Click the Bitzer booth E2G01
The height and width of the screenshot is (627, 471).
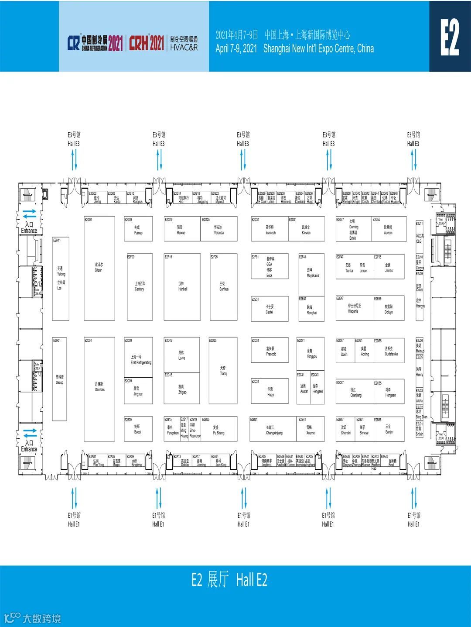tap(99, 268)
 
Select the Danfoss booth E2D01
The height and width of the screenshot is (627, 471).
tap(99, 387)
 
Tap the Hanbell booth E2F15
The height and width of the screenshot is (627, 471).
tap(182, 286)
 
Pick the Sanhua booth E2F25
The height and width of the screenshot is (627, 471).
tap(224, 286)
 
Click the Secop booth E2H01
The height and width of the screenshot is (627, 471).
tap(59, 379)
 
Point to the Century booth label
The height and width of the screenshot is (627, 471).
tap(140, 286)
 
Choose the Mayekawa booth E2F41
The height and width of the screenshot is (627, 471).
tap(312, 273)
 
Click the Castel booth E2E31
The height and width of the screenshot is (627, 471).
tap(270, 309)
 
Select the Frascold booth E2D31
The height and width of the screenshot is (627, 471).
tap(270, 351)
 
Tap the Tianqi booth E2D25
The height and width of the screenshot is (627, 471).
tap(223, 371)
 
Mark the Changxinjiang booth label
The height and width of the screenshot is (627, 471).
tap(274, 431)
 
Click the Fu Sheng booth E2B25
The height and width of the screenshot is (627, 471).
tap(219, 431)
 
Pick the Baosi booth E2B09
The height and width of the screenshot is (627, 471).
tap(138, 429)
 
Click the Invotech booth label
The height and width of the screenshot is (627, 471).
tap(270, 230)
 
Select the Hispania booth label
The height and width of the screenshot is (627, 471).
tap(353, 309)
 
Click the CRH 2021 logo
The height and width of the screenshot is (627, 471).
tap(147, 43)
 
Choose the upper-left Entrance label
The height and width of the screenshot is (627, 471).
tap(29, 227)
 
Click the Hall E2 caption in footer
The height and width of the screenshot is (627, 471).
tap(229, 580)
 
